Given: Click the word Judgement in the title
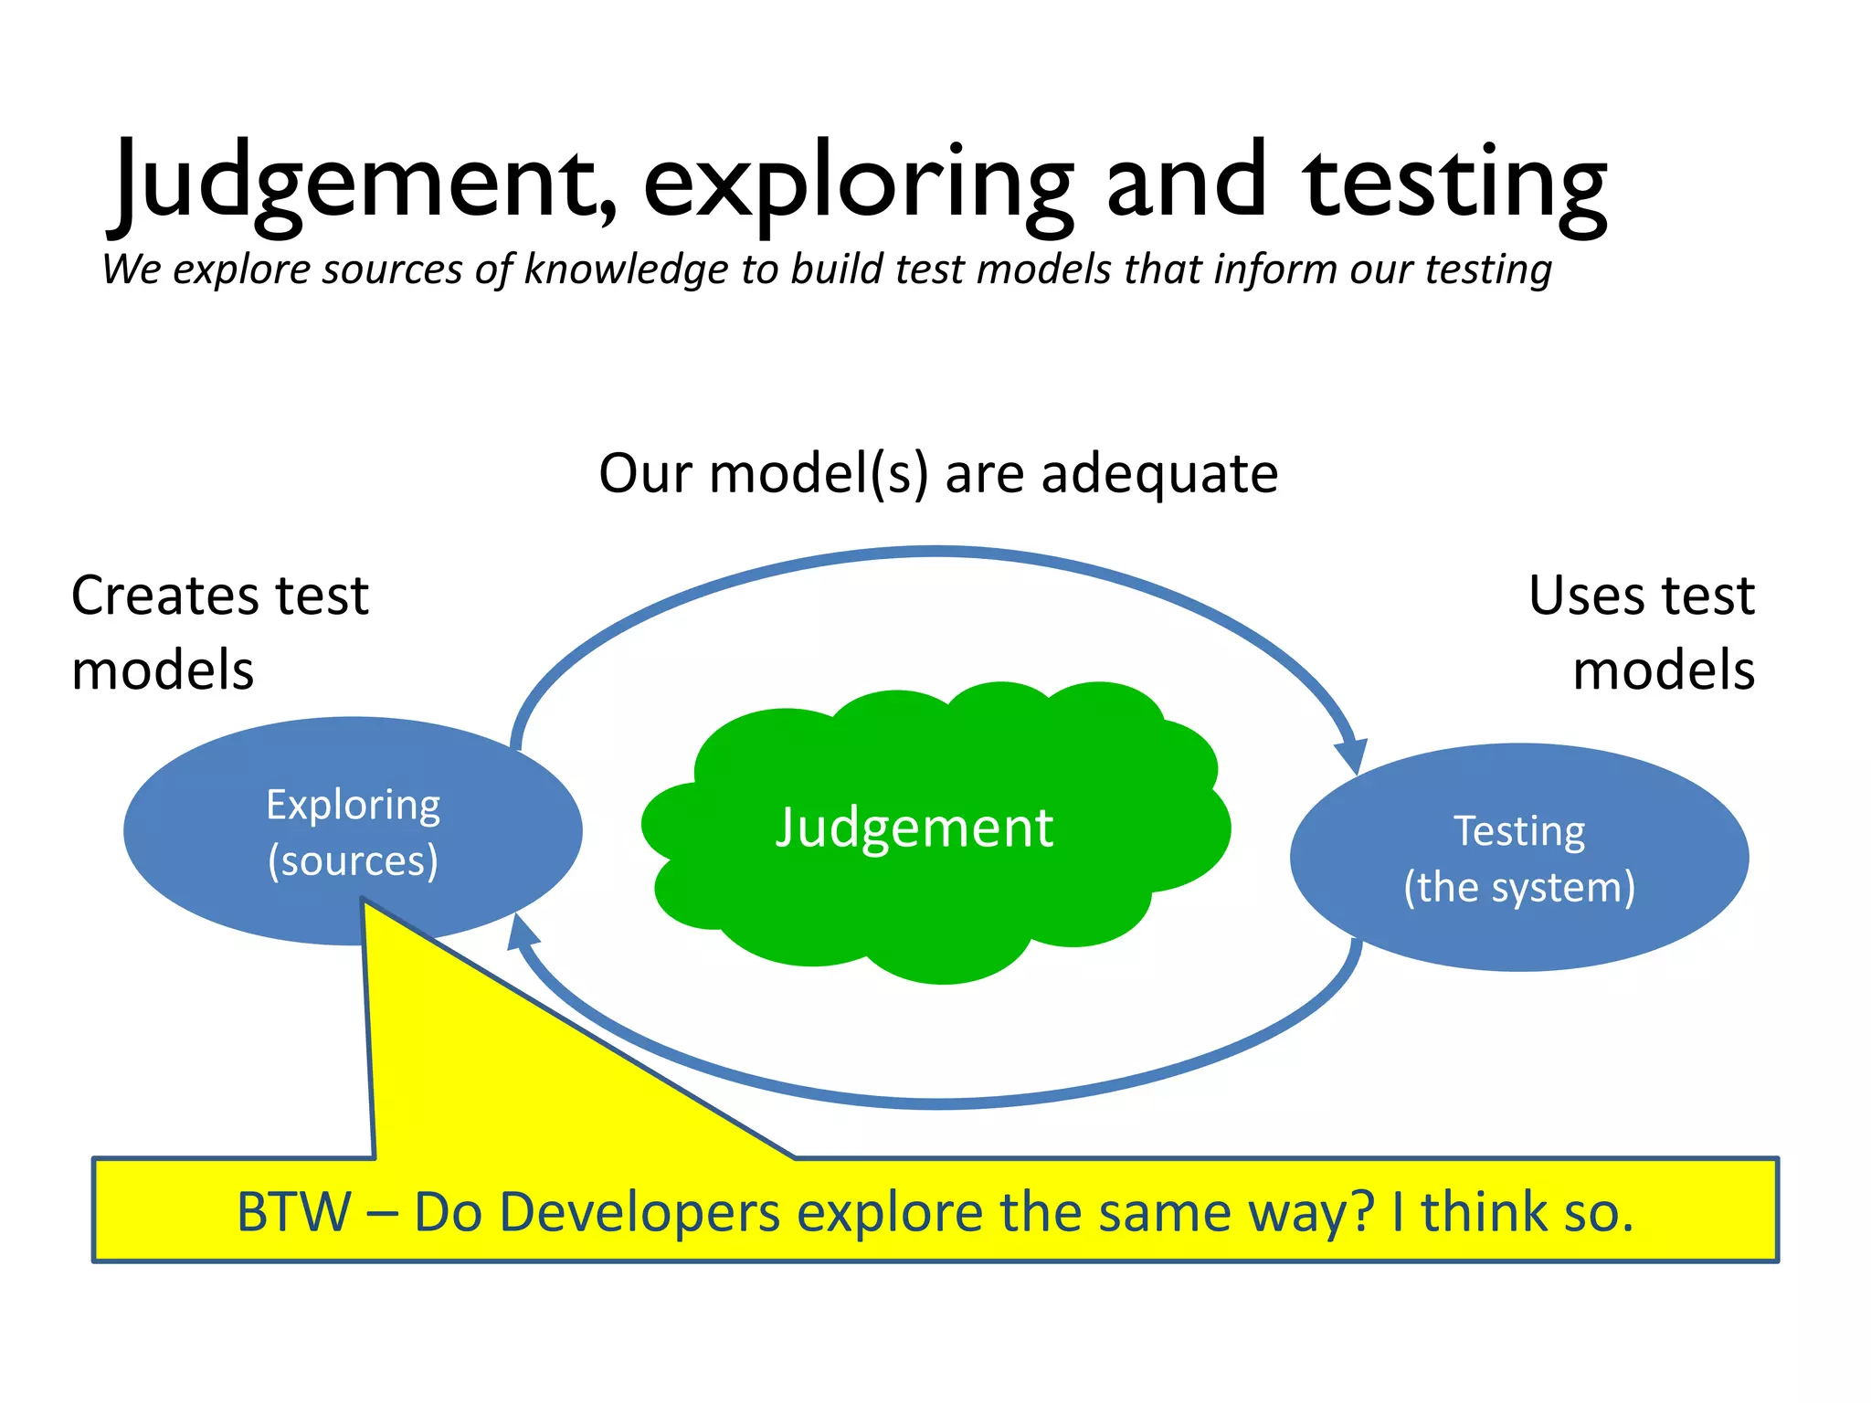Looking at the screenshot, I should point(365,183).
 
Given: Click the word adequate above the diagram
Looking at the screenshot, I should point(1159,474).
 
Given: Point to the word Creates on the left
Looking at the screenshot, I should point(162,596).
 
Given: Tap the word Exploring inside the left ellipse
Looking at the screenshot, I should point(353,806).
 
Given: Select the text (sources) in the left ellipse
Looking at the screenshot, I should point(353,861).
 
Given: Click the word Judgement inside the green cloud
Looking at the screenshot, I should point(914,828).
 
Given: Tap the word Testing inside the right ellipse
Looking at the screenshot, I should point(1519,832).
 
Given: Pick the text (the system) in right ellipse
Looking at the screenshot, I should point(1519,888).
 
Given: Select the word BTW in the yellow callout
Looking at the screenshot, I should point(293,1213).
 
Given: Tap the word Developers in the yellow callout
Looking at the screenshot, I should point(640,1213).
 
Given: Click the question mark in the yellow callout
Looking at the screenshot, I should point(1361,1213).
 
